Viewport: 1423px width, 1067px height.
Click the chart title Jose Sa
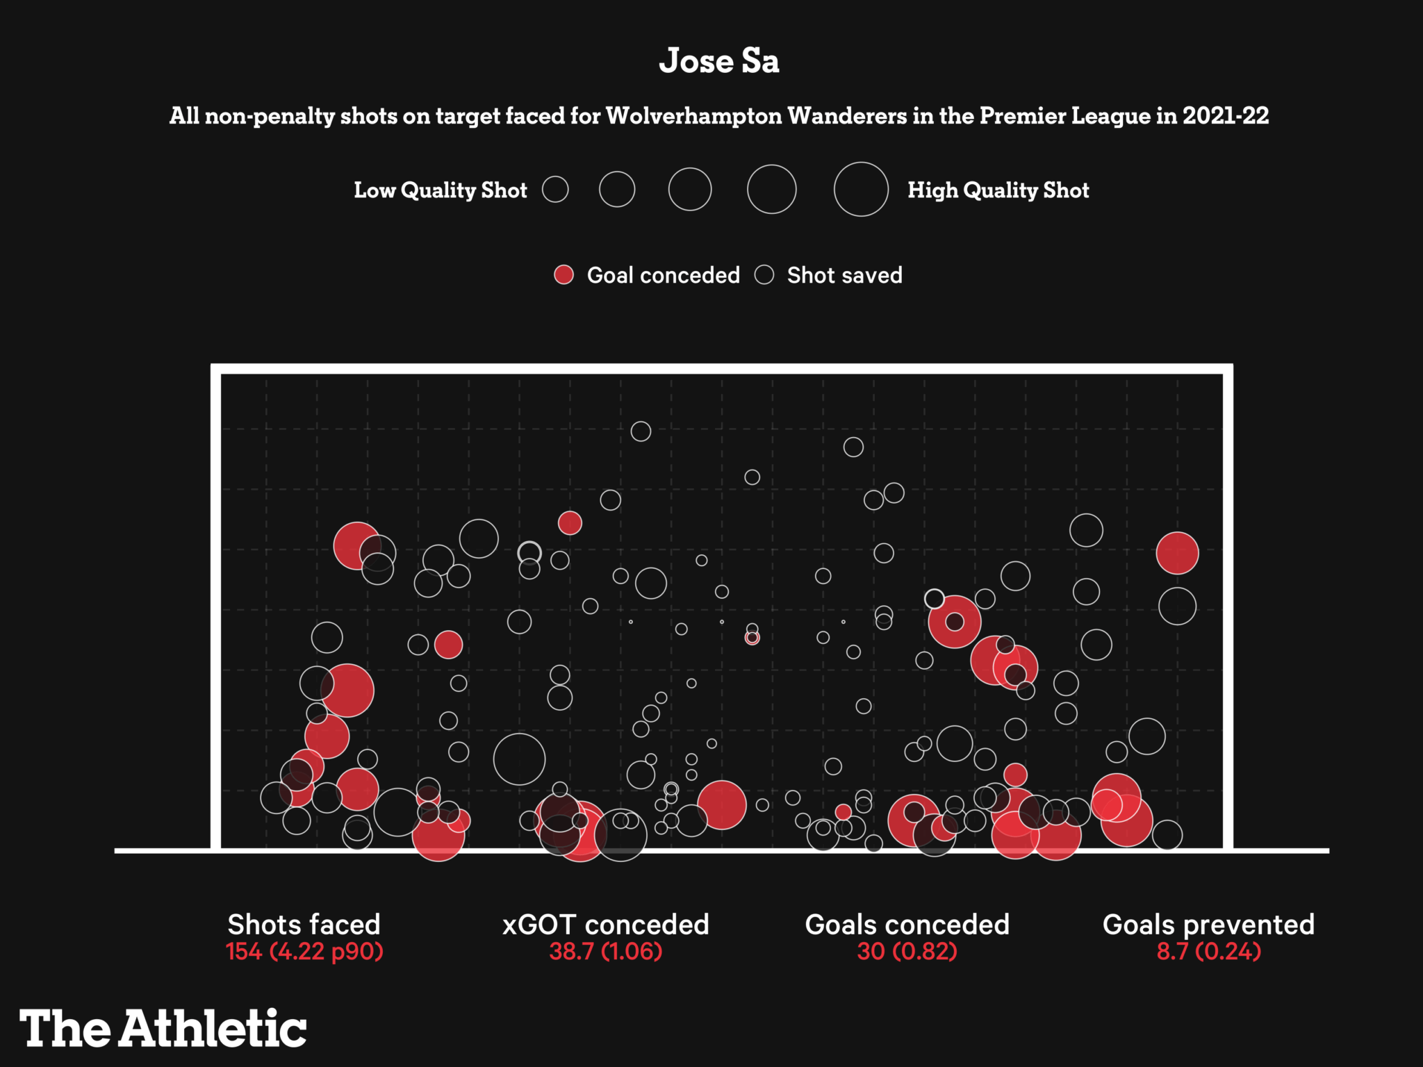tap(718, 61)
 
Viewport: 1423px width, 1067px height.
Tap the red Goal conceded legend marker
tap(564, 275)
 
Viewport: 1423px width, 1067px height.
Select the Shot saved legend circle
tap(764, 275)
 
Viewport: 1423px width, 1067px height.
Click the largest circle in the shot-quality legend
tap(861, 189)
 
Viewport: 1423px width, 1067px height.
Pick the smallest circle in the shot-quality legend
tap(555, 189)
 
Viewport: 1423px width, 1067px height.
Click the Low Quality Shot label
tap(441, 190)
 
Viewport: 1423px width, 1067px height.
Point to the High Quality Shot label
tap(998, 190)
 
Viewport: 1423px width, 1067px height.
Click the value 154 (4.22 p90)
tap(304, 951)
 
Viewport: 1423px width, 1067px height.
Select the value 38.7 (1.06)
tap(605, 951)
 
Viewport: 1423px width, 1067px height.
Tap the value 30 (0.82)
tap(907, 951)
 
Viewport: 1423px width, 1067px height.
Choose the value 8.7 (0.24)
tap(1208, 951)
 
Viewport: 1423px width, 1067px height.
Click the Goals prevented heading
tap(1208, 925)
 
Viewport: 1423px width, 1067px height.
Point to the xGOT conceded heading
tap(605, 925)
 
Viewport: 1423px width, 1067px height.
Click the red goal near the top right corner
tap(1177, 553)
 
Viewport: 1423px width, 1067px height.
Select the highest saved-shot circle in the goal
tap(641, 431)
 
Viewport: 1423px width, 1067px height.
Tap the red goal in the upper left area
tap(356, 545)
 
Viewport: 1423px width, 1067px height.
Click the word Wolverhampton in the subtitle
tap(693, 115)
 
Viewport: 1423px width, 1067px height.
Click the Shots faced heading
tap(304, 925)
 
